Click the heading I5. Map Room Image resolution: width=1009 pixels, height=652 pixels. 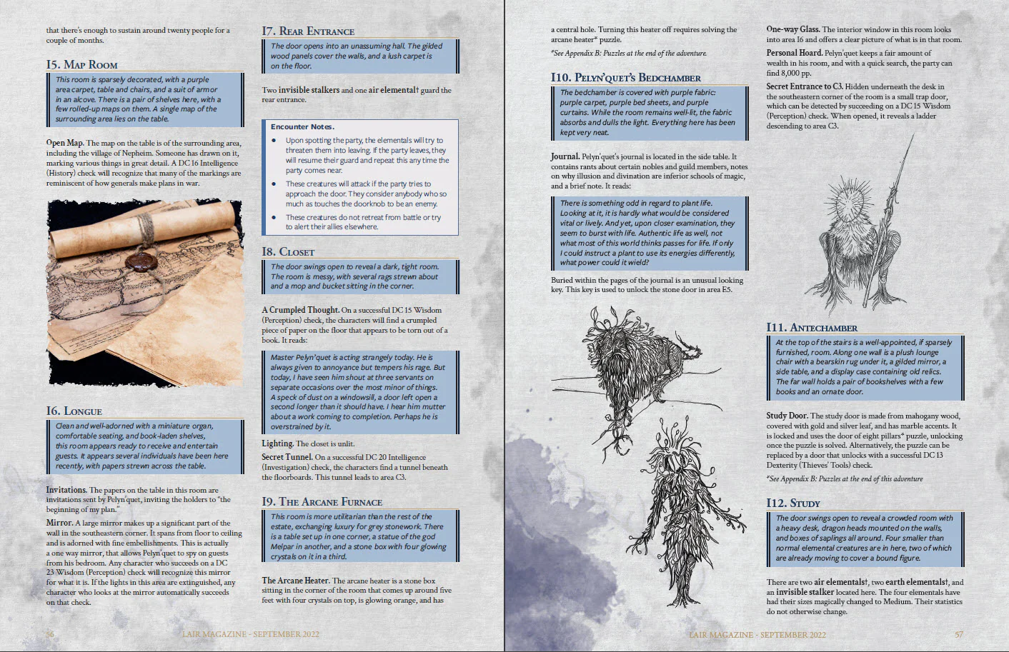[82, 64]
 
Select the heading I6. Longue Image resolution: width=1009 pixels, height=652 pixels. [74, 411]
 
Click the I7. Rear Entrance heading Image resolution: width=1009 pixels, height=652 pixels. [308, 31]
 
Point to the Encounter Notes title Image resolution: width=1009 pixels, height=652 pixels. [302, 126]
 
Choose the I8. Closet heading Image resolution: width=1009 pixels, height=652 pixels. [288, 251]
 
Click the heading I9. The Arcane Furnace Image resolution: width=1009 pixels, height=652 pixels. [322, 501]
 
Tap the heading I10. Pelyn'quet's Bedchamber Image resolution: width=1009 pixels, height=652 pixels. [625, 77]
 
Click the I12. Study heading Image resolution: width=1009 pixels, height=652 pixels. [793, 503]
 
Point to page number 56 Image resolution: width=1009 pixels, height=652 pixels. [50, 634]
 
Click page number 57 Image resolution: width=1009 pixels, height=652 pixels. [959, 634]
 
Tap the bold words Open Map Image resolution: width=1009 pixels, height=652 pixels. [65, 143]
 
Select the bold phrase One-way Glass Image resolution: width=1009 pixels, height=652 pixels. [792, 29]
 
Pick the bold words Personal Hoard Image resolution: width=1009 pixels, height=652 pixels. [794, 53]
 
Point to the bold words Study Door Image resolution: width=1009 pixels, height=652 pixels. [787, 416]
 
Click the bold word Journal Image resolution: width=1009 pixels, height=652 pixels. [565, 156]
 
